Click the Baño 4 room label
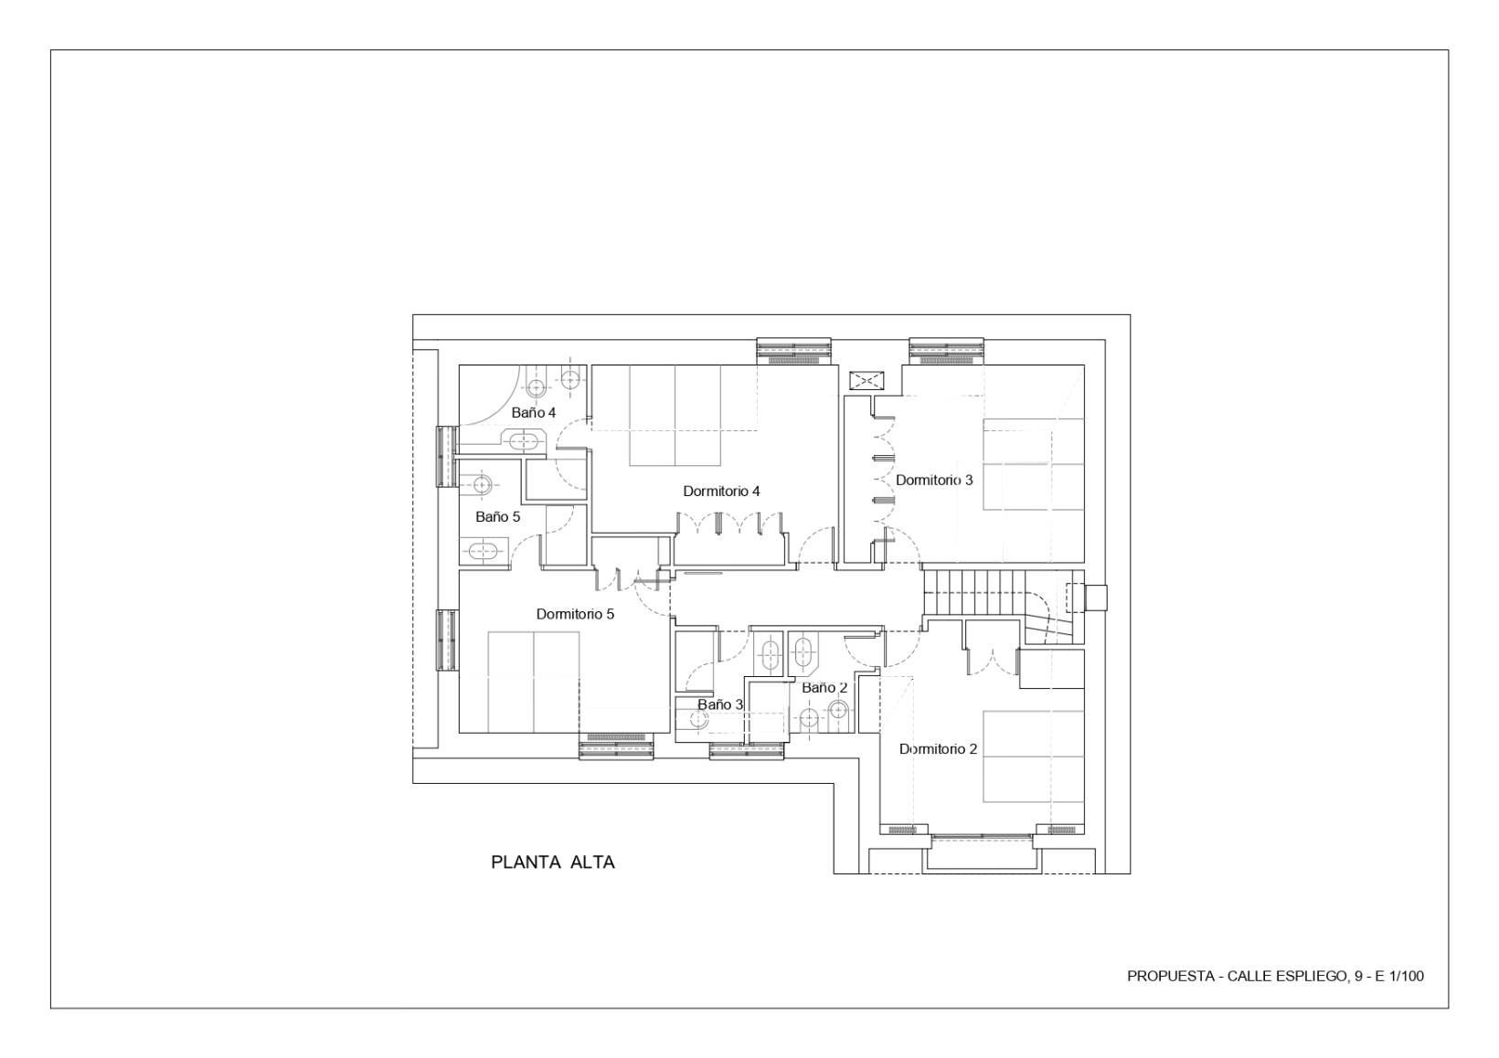click(534, 413)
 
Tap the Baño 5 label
click(497, 517)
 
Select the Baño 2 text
click(824, 687)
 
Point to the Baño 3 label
click(720, 705)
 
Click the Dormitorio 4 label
click(721, 492)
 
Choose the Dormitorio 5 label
click(575, 614)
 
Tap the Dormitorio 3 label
click(934, 481)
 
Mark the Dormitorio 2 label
click(938, 749)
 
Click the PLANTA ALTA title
click(553, 862)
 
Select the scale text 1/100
click(1407, 977)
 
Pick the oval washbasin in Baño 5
click(481, 552)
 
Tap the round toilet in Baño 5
click(482, 482)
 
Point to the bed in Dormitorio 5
click(534, 682)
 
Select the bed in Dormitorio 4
click(675, 416)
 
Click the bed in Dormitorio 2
click(1033, 756)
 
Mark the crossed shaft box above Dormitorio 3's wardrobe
click(866, 381)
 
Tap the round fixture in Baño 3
click(698, 720)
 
